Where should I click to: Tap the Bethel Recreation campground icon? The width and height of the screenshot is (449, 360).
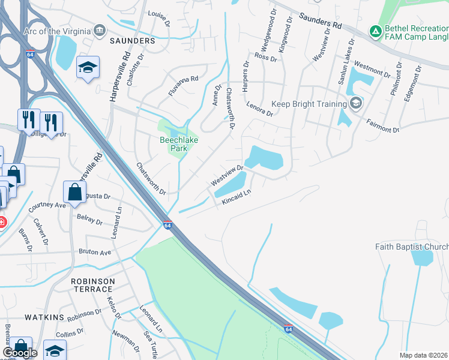pyautogui.click(x=375, y=31)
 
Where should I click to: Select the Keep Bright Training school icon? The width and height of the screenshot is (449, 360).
pyautogui.click(x=356, y=103)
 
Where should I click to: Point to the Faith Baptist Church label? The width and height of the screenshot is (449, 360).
pyautogui.click(x=412, y=247)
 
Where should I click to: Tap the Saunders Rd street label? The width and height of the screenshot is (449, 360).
pyautogui.click(x=321, y=24)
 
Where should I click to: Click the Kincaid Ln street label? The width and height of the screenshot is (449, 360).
pyautogui.click(x=235, y=197)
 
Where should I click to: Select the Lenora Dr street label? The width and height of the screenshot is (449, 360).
pyautogui.click(x=260, y=109)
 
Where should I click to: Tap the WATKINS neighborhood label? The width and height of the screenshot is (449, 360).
pyautogui.click(x=44, y=316)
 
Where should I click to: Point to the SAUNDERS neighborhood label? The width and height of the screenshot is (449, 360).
pyautogui.click(x=132, y=41)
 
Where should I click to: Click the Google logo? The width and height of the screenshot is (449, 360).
pyautogui.click(x=20, y=353)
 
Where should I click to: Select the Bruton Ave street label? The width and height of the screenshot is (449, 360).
pyautogui.click(x=95, y=253)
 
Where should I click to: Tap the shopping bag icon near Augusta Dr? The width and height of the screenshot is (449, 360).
pyautogui.click(x=76, y=193)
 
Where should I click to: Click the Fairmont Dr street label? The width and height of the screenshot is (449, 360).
pyautogui.click(x=383, y=125)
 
